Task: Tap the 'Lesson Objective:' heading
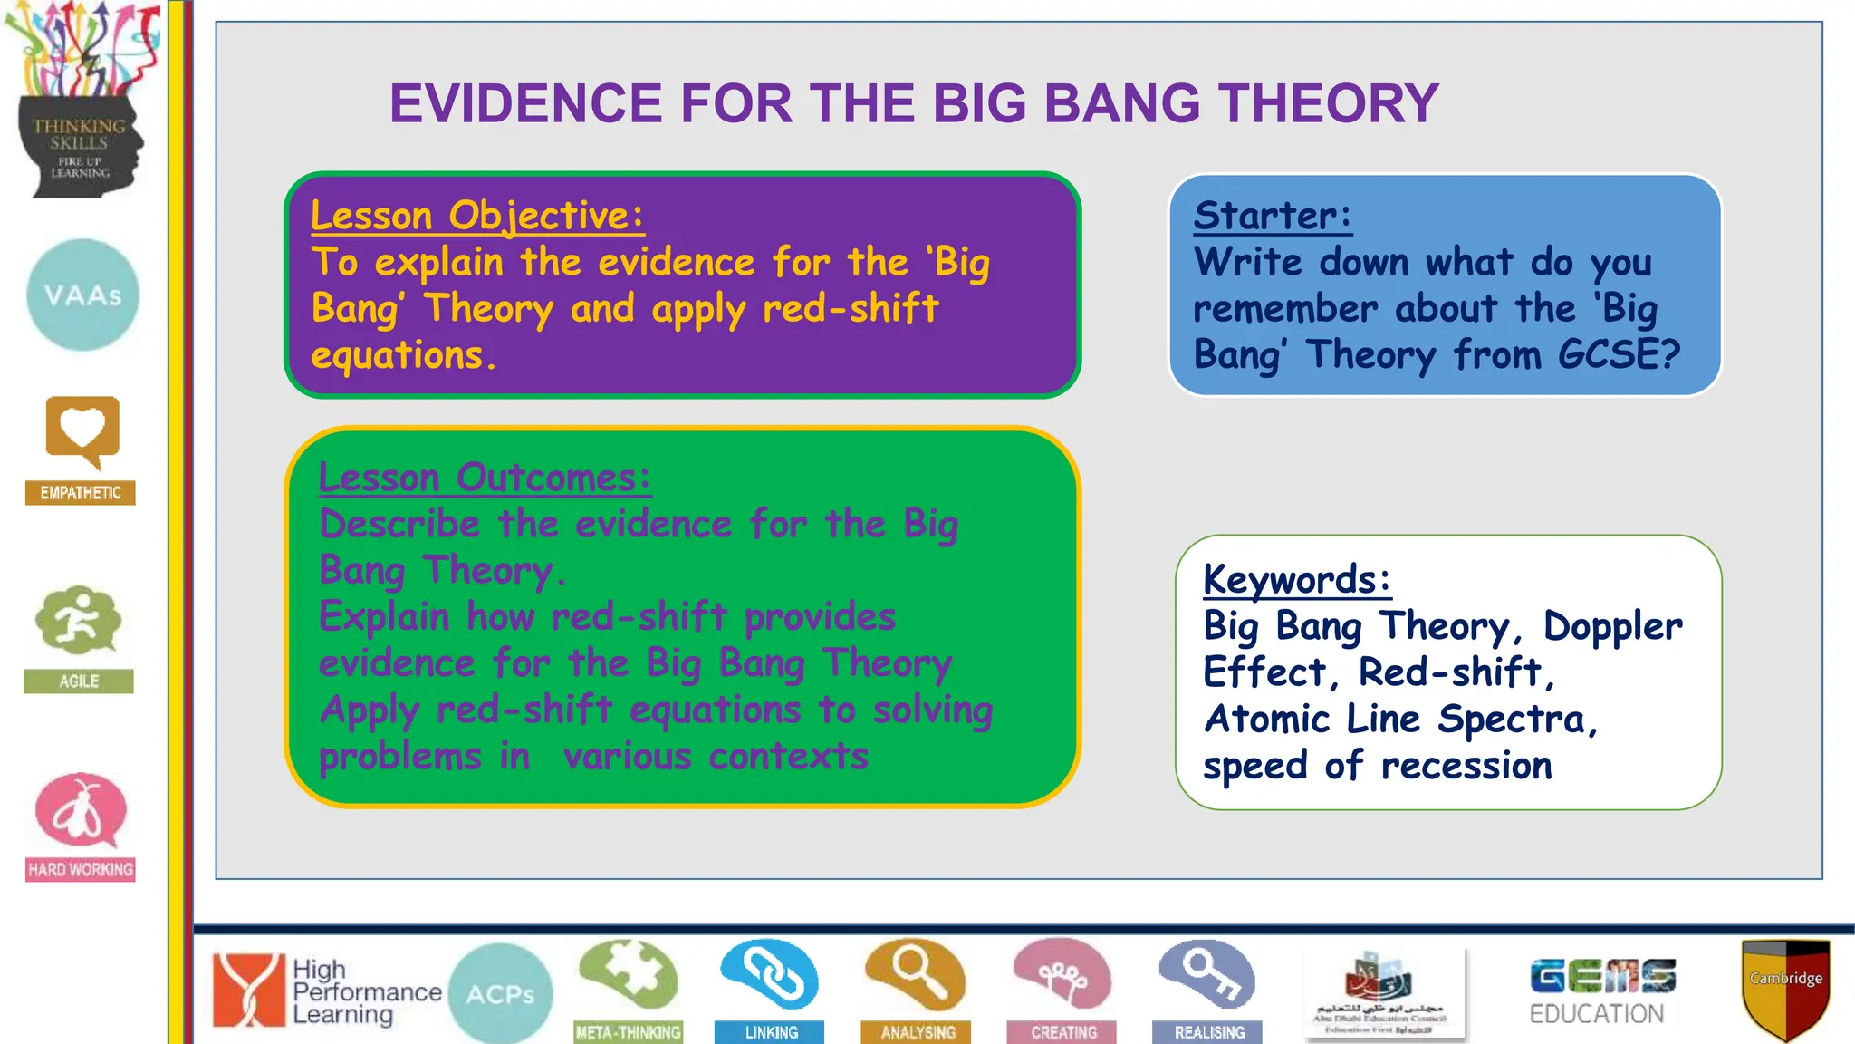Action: (477, 216)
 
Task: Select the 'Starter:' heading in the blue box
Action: (1272, 216)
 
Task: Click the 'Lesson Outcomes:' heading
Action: (485, 478)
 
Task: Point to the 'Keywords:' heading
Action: (1296, 579)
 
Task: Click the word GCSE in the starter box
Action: (1619, 354)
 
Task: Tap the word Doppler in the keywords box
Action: (1612, 626)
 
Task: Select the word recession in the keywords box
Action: (1466, 766)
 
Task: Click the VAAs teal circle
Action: (82, 295)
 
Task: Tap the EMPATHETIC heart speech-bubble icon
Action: (82, 433)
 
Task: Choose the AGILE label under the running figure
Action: (79, 681)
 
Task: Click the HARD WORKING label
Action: (81, 870)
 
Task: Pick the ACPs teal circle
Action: (500, 994)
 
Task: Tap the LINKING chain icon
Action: (770, 976)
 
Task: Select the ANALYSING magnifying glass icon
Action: (915, 976)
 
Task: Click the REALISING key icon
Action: (1207, 976)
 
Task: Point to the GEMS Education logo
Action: (1601, 991)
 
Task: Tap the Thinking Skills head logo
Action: (80, 100)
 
